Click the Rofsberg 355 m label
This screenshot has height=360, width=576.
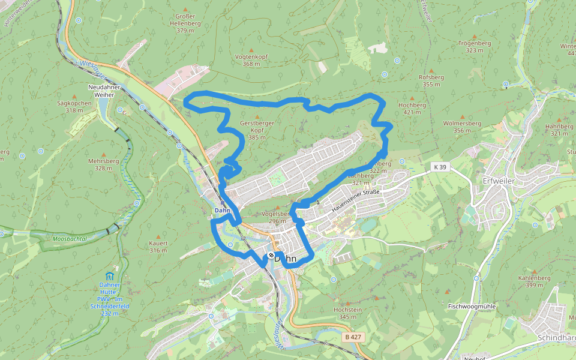point(431,80)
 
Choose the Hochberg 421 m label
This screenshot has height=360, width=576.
point(412,108)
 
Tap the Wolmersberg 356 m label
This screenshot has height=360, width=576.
point(462,127)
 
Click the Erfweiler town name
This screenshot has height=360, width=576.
point(499,180)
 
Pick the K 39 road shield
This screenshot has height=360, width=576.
point(440,167)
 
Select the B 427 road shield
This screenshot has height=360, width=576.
point(353,337)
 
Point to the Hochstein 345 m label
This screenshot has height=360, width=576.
point(347,313)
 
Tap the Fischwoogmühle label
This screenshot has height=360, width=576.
point(472,306)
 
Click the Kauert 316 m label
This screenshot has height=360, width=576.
point(158,246)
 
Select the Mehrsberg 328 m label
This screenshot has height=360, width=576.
point(103,164)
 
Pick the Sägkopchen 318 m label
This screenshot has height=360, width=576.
point(74,106)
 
